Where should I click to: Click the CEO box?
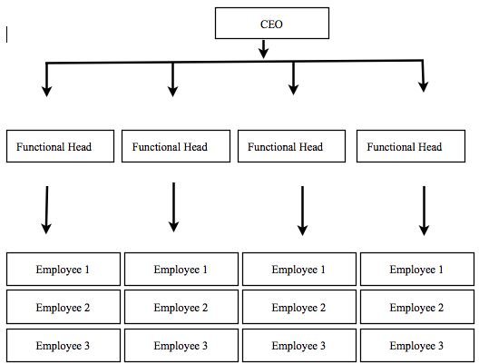272,24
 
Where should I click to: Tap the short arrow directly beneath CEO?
263,49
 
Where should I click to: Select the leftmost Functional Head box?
60,146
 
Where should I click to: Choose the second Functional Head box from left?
176,146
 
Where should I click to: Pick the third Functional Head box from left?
291,146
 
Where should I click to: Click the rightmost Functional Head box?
411,146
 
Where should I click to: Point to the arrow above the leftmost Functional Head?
46,80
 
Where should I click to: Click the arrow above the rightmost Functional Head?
423,75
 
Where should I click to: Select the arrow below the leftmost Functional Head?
46,210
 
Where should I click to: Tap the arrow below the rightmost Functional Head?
424,211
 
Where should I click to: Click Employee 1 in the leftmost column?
64,270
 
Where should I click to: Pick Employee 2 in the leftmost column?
64,307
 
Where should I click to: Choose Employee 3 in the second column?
181,345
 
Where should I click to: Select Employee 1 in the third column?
299,270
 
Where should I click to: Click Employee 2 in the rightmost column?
417,307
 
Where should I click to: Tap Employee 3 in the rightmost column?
417,345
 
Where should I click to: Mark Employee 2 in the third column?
299,307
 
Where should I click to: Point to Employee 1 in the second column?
181,270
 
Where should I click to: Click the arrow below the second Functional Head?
173,207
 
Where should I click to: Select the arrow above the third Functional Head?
293,78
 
